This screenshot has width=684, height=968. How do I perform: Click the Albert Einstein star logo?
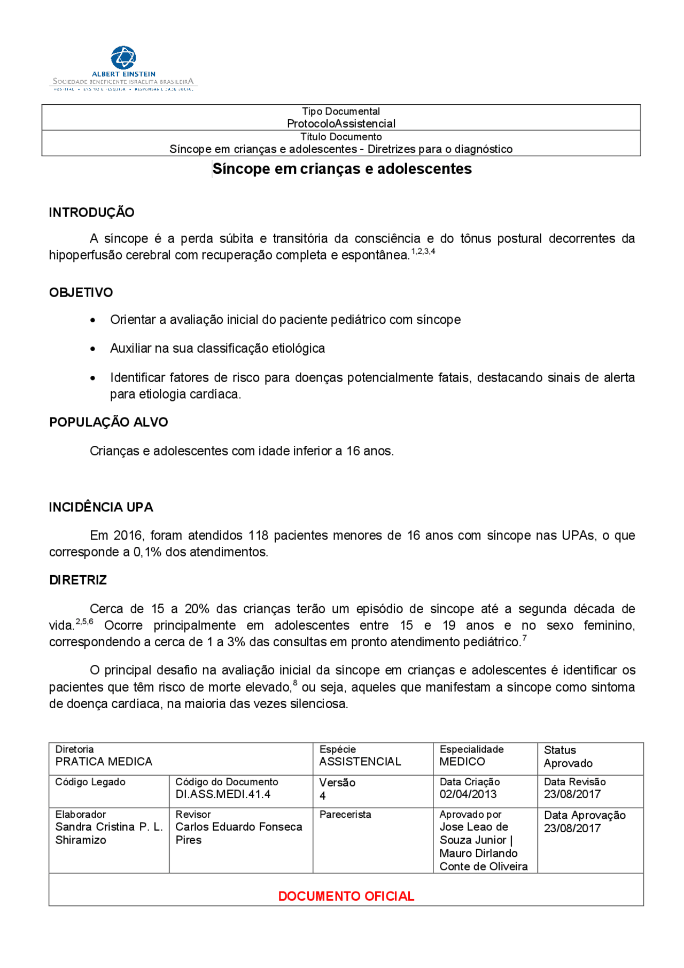123,57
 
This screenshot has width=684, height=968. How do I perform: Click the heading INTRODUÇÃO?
91,212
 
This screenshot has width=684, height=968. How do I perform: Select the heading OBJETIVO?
81,292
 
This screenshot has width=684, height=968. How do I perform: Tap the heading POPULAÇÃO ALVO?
108,422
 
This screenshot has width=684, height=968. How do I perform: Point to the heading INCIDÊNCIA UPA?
101,507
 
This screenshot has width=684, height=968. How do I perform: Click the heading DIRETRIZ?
78,580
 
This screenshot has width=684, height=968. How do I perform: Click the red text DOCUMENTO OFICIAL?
346,896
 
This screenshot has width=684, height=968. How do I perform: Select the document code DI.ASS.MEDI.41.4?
223,794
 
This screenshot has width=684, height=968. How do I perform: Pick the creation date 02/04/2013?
468,794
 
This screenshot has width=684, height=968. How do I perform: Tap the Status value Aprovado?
568,763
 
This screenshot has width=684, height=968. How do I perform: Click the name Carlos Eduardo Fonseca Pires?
238,833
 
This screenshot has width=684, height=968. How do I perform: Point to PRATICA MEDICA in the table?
104,762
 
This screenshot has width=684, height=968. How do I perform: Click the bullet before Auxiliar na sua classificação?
93,349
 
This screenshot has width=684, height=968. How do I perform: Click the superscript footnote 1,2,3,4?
423,251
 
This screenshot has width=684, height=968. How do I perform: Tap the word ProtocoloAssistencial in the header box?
341,123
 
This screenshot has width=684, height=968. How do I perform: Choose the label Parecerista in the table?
345,815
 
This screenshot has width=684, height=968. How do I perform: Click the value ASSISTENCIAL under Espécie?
360,762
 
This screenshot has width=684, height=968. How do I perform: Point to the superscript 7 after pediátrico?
525,638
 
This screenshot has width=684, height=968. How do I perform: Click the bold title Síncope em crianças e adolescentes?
342,169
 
